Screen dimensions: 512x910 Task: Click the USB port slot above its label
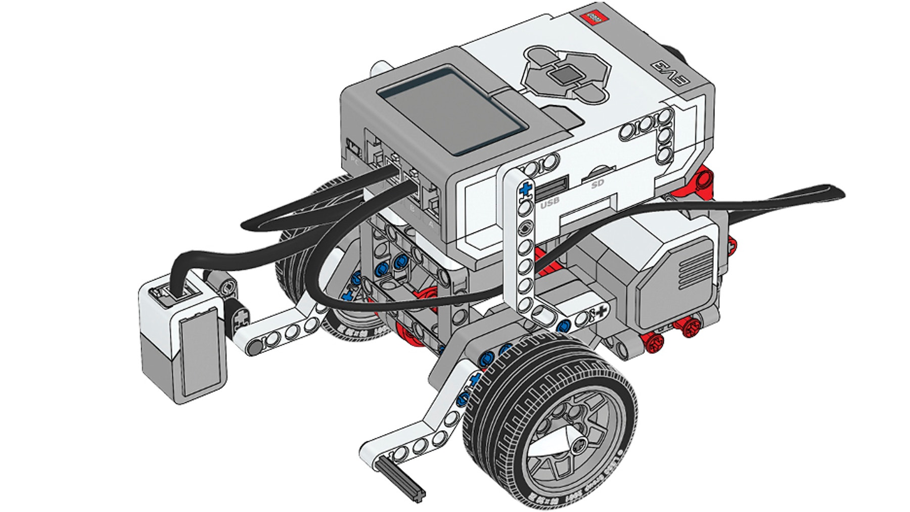pos(551,190)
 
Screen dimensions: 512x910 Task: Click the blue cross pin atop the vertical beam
pos(526,189)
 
